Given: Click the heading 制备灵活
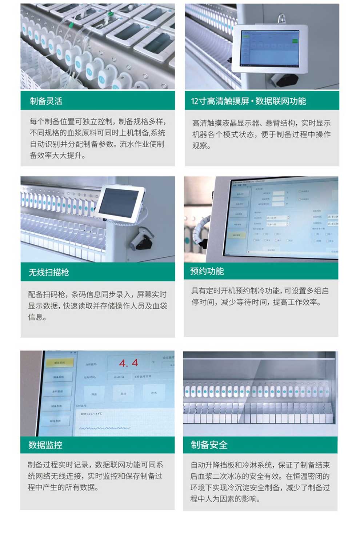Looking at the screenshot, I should (46, 101).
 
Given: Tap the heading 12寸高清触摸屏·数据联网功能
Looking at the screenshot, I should (249, 101).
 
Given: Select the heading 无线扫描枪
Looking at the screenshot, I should (49, 272).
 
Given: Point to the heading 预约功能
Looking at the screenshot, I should (207, 271).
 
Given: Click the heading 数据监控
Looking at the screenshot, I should (45, 445).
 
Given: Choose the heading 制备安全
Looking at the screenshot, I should (209, 445).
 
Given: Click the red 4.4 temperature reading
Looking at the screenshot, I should (129, 363).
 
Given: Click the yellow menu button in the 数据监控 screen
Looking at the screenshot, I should (59, 362).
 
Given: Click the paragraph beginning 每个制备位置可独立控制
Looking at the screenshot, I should (97, 138).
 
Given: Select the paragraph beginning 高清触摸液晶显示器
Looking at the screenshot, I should (261, 134).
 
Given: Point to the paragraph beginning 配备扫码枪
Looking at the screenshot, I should (97, 306).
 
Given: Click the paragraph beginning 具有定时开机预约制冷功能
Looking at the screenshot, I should (260, 297).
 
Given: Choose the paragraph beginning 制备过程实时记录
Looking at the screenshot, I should (95, 476).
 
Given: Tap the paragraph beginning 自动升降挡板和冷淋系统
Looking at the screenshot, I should (260, 482).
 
